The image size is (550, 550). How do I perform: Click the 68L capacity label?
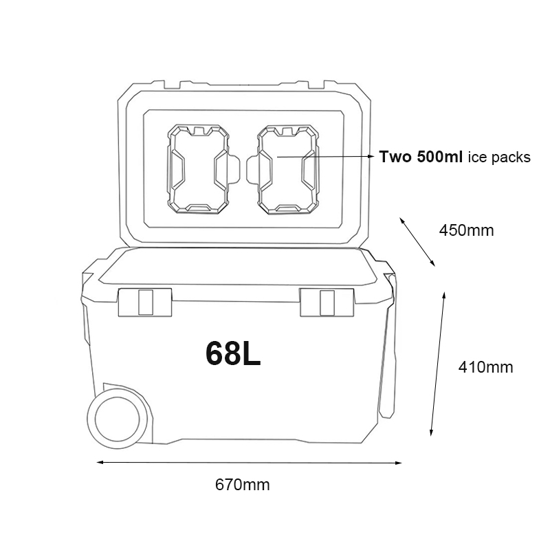coord(233,352)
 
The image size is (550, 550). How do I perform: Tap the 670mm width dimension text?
coord(243,485)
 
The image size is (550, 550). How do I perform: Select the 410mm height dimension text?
coord(485,367)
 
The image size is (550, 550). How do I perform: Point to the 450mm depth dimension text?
coord(466,230)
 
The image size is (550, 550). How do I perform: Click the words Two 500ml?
coord(421,157)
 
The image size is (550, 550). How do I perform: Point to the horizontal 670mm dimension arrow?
coord(247,463)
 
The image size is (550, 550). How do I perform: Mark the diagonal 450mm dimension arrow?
coord(417,242)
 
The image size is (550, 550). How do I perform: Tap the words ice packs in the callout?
coord(499,157)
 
